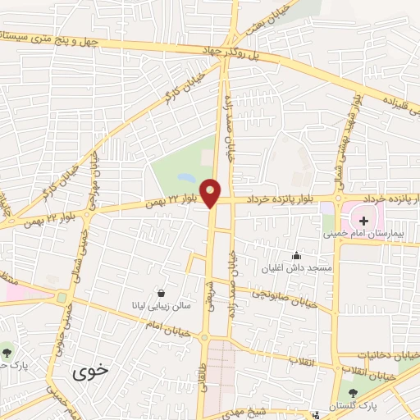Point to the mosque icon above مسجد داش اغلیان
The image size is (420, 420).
pyautogui.click(x=297, y=256)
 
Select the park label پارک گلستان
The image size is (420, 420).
pyautogui.click(x=357, y=406)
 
